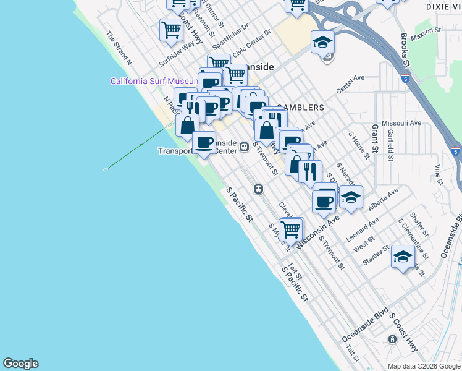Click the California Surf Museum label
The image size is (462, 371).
pos(154,81)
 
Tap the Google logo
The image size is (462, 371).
pos(20,364)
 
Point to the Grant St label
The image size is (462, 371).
pos(374,140)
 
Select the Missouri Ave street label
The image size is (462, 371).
pos(401,123)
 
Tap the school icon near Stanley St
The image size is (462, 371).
pos(403,256)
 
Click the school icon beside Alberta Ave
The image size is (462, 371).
pos(350,198)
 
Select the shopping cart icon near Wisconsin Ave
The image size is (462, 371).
pos(290,229)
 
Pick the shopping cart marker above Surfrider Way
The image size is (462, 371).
pos(171,29)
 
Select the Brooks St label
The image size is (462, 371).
pos(405,49)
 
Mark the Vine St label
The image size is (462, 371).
pos(439,174)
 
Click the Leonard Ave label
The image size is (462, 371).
pos(362,229)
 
